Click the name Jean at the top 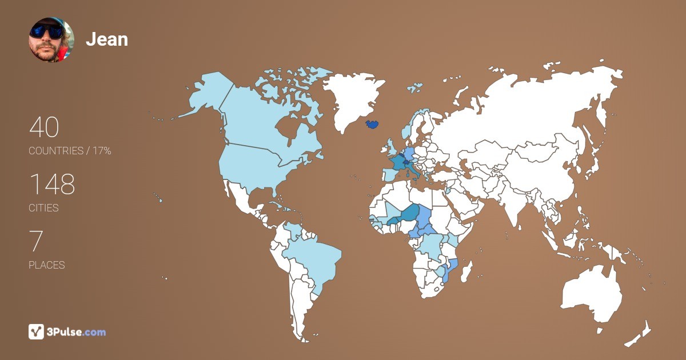(x=107, y=39)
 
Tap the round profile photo (x=51, y=39)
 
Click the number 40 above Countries (x=44, y=127)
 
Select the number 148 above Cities (x=52, y=185)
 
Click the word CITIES (x=44, y=208)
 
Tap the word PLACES (x=47, y=265)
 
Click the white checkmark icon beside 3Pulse (x=36, y=331)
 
